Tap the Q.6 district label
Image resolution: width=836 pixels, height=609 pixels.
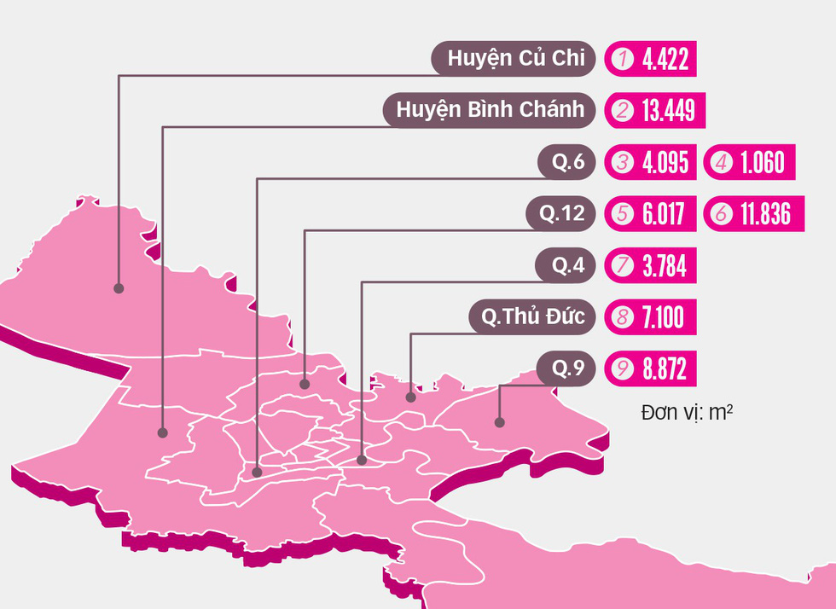pos(566,162)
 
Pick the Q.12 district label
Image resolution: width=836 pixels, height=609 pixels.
pos(556,213)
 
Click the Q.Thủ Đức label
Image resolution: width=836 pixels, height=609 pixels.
pos(531,317)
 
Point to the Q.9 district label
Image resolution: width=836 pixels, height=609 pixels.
pos(566,369)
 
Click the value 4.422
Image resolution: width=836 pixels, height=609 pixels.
pos(665,60)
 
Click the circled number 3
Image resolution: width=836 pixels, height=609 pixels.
pos(622,163)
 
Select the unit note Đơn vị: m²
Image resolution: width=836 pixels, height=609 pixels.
pos(687,412)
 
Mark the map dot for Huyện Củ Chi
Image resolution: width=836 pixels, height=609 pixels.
pos(119,288)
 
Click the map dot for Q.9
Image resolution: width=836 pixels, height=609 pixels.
pos(500,420)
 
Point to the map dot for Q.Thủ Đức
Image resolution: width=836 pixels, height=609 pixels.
pos(411,396)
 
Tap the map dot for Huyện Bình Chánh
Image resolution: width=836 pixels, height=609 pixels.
pos(162,433)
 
